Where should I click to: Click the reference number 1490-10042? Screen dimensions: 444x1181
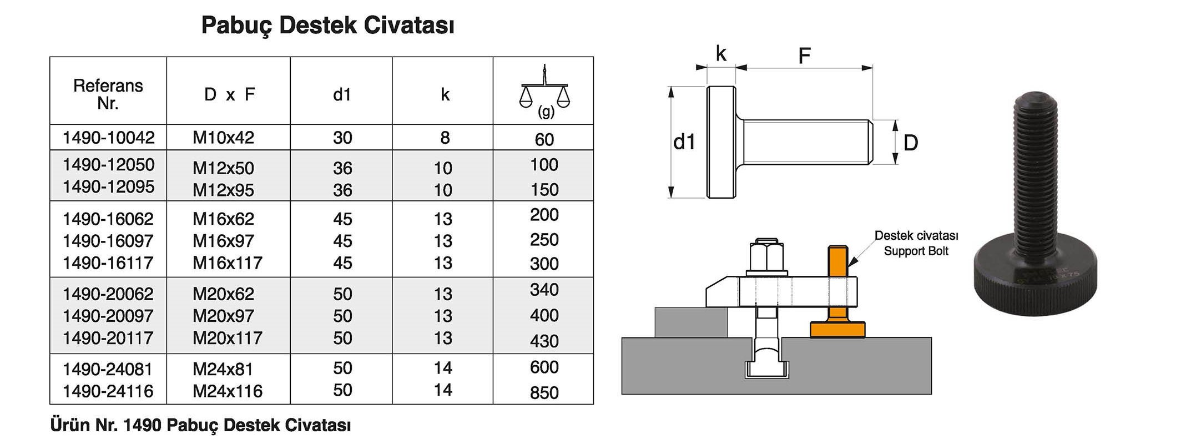point(108,138)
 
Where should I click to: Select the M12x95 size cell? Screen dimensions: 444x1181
point(223,190)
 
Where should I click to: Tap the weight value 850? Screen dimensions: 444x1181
point(544,392)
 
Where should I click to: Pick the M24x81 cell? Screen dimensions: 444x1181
point(223,369)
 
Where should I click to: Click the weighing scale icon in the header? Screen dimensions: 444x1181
point(544,91)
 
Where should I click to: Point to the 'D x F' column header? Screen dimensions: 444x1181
point(229,94)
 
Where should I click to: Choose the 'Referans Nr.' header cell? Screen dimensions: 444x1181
point(108,94)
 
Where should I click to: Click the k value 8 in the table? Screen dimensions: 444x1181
point(445,138)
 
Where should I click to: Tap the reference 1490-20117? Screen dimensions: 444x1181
point(108,338)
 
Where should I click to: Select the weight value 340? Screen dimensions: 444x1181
point(544,290)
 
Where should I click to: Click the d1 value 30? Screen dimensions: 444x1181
point(342,138)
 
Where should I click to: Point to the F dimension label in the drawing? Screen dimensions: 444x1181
point(804,56)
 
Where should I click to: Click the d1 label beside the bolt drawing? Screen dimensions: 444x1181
point(684,143)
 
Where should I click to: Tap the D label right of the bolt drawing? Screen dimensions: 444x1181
point(911,143)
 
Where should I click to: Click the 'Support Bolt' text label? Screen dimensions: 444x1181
point(916,251)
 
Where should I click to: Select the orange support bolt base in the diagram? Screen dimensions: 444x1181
point(837,329)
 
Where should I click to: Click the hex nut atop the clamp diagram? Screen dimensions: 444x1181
point(766,257)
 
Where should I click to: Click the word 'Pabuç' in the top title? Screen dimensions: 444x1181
point(236,26)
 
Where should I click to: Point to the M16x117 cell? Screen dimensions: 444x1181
point(227,263)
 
